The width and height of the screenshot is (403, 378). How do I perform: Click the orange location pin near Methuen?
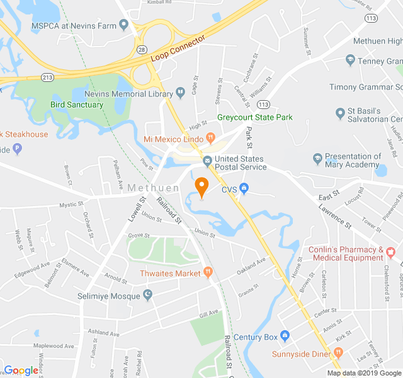pyautogui.click(x=201, y=187)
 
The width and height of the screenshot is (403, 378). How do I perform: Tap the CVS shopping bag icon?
pyautogui.click(x=244, y=188)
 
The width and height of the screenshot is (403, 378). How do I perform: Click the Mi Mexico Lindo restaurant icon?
pyautogui.click(x=211, y=137)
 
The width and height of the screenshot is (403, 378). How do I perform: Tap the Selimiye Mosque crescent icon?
pyautogui.click(x=148, y=295)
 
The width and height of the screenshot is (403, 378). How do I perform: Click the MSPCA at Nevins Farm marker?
pyautogui.click(x=123, y=25)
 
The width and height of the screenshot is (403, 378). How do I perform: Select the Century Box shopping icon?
pyautogui.click(x=285, y=336)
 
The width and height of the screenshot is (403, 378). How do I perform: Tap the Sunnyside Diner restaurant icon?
pyautogui.click(x=338, y=353)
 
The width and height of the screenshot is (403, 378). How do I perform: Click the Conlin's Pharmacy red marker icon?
pyautogui.click(x=390, y=253)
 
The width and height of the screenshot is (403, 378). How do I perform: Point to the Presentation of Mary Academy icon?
pyautogui.click(x=317, y=157)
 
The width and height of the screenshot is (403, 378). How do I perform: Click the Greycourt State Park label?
pyautogui.click(x=255, y=117)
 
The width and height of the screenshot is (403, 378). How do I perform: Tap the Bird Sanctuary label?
pyautogui.click(x=77, y=105)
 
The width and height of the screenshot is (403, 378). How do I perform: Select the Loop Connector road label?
pyautogui.click(x=178, y=49)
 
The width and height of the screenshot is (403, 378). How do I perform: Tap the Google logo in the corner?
pyautogui.click(x=21, y=370)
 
